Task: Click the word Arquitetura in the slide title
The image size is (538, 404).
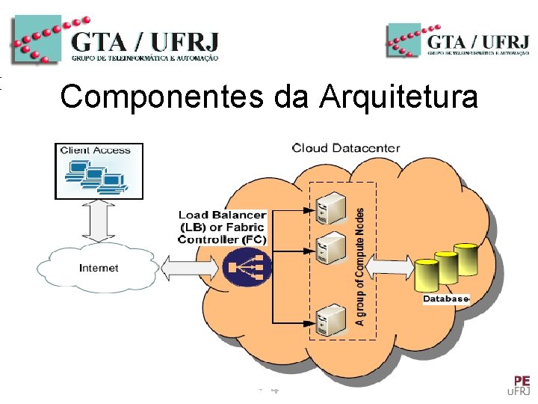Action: pyautogui.click(x=398, y=97)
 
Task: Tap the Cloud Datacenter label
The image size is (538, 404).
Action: pyautogui.click(x=345, y=148)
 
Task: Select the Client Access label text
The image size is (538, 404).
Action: pyautogui.click(x=96, y=150)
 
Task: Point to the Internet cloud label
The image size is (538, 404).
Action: pyautogui.click(x=99, y=268)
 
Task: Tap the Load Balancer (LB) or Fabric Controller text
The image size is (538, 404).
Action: pyautogui.click(x=222, y=227)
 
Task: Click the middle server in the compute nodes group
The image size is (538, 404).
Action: pyautogui.click(x=330, y=248)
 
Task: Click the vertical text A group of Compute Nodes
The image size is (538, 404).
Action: pyautogui.click(x=361, y=266)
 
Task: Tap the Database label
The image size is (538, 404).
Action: pyautogui.click(x=445, y=299)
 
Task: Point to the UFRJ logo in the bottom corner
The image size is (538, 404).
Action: pyautogui.click(x=519, y=385)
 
